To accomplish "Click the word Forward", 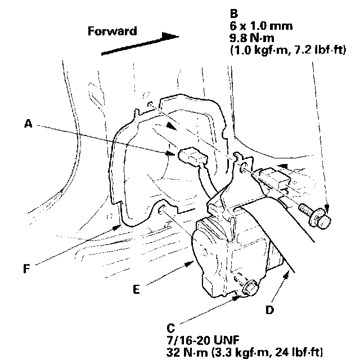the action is click(x=112, y=31).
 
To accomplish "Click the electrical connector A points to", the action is click(x=190, y=157).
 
